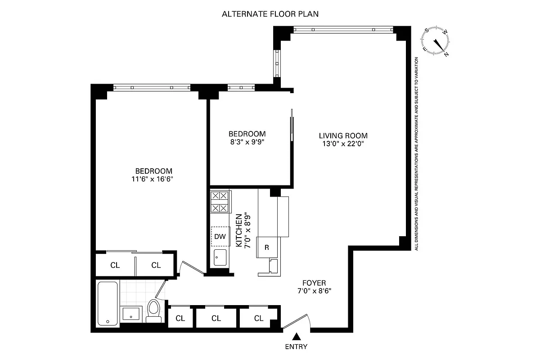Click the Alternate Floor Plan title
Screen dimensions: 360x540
[270, 13]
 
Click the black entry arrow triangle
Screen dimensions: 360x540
[297, 336]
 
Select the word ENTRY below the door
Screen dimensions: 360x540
[296, 346]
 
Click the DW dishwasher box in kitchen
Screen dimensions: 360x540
[220, 236]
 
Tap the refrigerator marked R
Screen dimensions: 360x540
[267, 247]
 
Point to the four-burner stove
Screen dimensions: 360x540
[220, 202]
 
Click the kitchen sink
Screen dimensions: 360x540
[220, 259]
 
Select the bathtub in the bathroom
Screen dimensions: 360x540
[108, 303]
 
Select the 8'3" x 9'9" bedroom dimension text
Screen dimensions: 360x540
[247, 142]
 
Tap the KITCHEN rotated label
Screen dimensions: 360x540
[242, 229]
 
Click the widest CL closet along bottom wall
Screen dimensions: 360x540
[216, 319]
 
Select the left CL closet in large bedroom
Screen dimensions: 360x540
[115, 265]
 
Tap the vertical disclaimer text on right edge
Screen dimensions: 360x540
[417, 153]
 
